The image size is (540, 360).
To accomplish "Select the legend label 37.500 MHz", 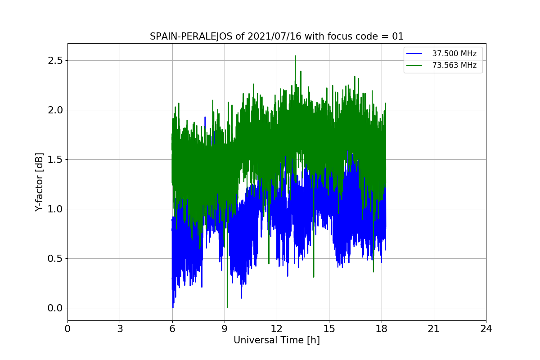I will (454, 54).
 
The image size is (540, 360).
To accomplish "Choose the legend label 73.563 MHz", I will (454, 66).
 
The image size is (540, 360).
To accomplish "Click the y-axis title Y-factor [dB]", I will (40, 182).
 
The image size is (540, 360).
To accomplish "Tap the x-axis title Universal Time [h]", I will (276, 340).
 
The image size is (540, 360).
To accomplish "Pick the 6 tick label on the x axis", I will (172, 328).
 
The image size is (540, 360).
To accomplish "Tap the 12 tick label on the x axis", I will (276, 328).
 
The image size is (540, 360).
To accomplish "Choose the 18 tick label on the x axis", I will (381, 328).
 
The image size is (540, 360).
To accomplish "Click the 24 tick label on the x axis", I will (486, 328).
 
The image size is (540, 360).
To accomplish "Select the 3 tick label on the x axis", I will (120, 328).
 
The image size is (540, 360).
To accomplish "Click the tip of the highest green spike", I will (295, 56).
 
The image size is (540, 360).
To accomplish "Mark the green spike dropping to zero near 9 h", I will (227, 307).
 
